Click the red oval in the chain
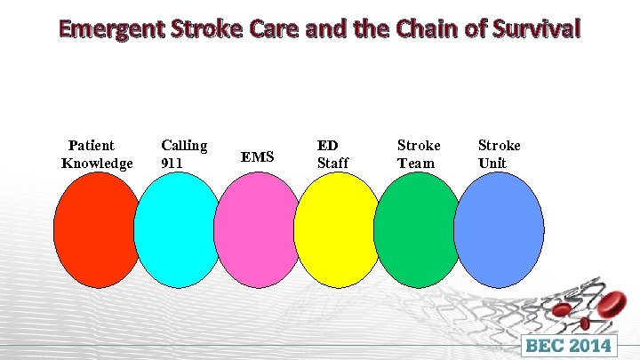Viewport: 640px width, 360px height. pos(96,229)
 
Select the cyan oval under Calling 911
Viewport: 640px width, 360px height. pos(180,229)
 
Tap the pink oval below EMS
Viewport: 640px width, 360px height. pos(257,229)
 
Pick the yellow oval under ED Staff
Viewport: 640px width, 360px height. pos(337,229)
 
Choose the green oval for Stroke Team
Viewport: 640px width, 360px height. pos(416,229)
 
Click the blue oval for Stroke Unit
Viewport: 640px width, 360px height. pos(499,229)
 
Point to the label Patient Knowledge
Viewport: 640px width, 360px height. pos(96,154)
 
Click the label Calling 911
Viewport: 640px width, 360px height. pos(184,153)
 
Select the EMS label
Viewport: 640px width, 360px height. pos(258,157)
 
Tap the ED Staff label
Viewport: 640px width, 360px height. pos(333,153)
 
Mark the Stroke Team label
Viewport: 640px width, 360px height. pos(418,154)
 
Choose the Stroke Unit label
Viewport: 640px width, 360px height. pos(499,154)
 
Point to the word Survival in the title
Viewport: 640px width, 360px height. pos(533,28)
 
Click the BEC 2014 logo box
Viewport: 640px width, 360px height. pos(570,345)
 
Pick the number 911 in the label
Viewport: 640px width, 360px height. pos(172,163)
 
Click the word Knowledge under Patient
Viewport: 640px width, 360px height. pos(97,163)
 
